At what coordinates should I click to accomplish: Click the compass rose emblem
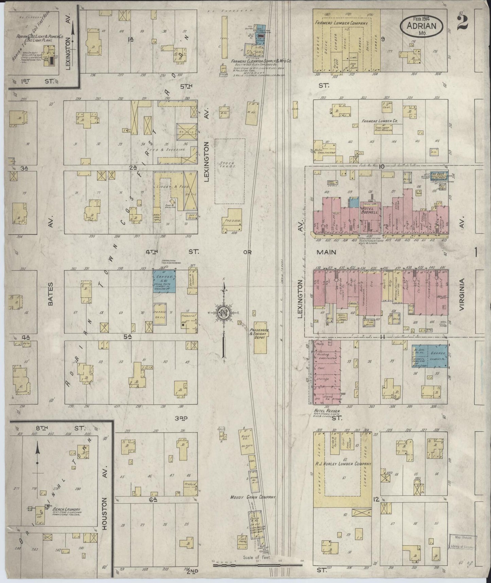point(224,313)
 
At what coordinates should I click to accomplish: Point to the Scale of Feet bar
point(257,565)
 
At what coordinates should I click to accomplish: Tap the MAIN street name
point(326,252)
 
